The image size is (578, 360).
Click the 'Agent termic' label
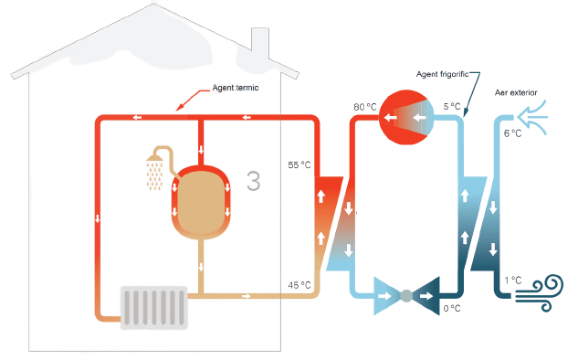tap(236, 88)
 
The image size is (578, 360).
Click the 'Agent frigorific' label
tap(442, 74)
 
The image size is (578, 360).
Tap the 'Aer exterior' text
tap(516, 92)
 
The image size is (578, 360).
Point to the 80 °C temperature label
tap(365, 107)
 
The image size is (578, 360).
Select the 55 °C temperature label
tap(300, 164)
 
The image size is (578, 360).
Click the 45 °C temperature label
tap(300, 285)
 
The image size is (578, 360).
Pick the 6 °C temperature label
tap(513, 133)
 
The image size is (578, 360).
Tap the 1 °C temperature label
tap(513, 281)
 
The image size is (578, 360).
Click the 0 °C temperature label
tap(452, 308)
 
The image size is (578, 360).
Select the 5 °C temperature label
tap(452, 107)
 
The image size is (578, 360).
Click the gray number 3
tap(254, 181)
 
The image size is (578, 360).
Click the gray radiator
tap(154, 308)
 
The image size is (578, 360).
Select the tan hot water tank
tap(201, 203)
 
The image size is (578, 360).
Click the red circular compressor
tap(406, 117)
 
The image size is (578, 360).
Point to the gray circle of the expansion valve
tap(406, 296)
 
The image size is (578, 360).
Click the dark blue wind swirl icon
tap(539, 293)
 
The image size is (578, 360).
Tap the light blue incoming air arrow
tap(532, 117)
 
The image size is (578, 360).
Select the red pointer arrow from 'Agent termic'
tap(192, 99)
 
